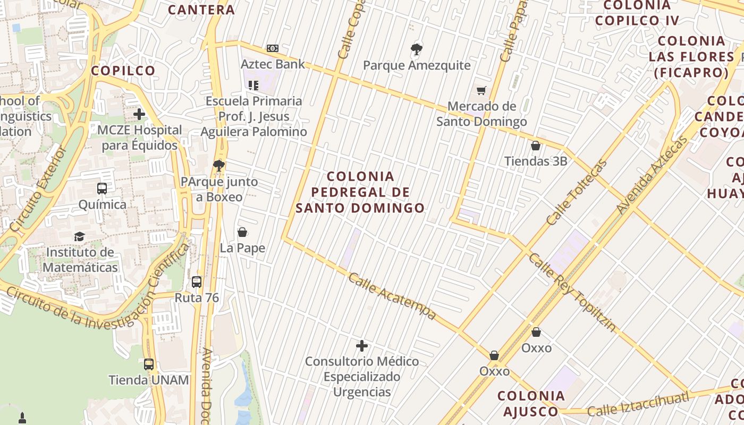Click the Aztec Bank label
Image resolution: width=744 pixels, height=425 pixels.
tap(273, 64)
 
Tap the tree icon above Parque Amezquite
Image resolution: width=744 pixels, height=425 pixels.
tap(417, 50)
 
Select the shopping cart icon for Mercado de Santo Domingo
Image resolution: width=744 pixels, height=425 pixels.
tap(481, 91)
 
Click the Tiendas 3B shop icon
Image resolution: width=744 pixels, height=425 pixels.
tap(536, 146)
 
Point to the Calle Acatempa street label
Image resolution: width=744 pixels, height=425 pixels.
tap(392, 296)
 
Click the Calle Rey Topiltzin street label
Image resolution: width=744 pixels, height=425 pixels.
tap(572, 292)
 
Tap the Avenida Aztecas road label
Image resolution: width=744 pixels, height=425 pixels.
tap(653, 175)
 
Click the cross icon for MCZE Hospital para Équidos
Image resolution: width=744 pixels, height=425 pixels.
tap(139, 114)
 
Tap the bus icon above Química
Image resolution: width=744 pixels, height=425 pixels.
tap(102, 189)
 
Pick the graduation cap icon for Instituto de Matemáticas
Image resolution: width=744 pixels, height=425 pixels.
tap(80, 236)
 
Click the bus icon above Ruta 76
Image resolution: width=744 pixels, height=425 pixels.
tap(197, 282)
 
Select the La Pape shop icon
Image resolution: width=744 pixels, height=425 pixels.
tap(242, 232)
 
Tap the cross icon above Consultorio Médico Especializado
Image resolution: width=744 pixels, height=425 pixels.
tap(362, 346)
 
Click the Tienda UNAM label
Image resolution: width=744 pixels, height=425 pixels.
tap(149, 380)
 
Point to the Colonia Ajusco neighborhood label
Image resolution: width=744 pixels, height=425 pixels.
tap(531, 403)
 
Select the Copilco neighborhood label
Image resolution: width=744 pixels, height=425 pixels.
tap(123, 71)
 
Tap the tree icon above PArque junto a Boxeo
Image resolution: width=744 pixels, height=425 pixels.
tap(218, 166)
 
